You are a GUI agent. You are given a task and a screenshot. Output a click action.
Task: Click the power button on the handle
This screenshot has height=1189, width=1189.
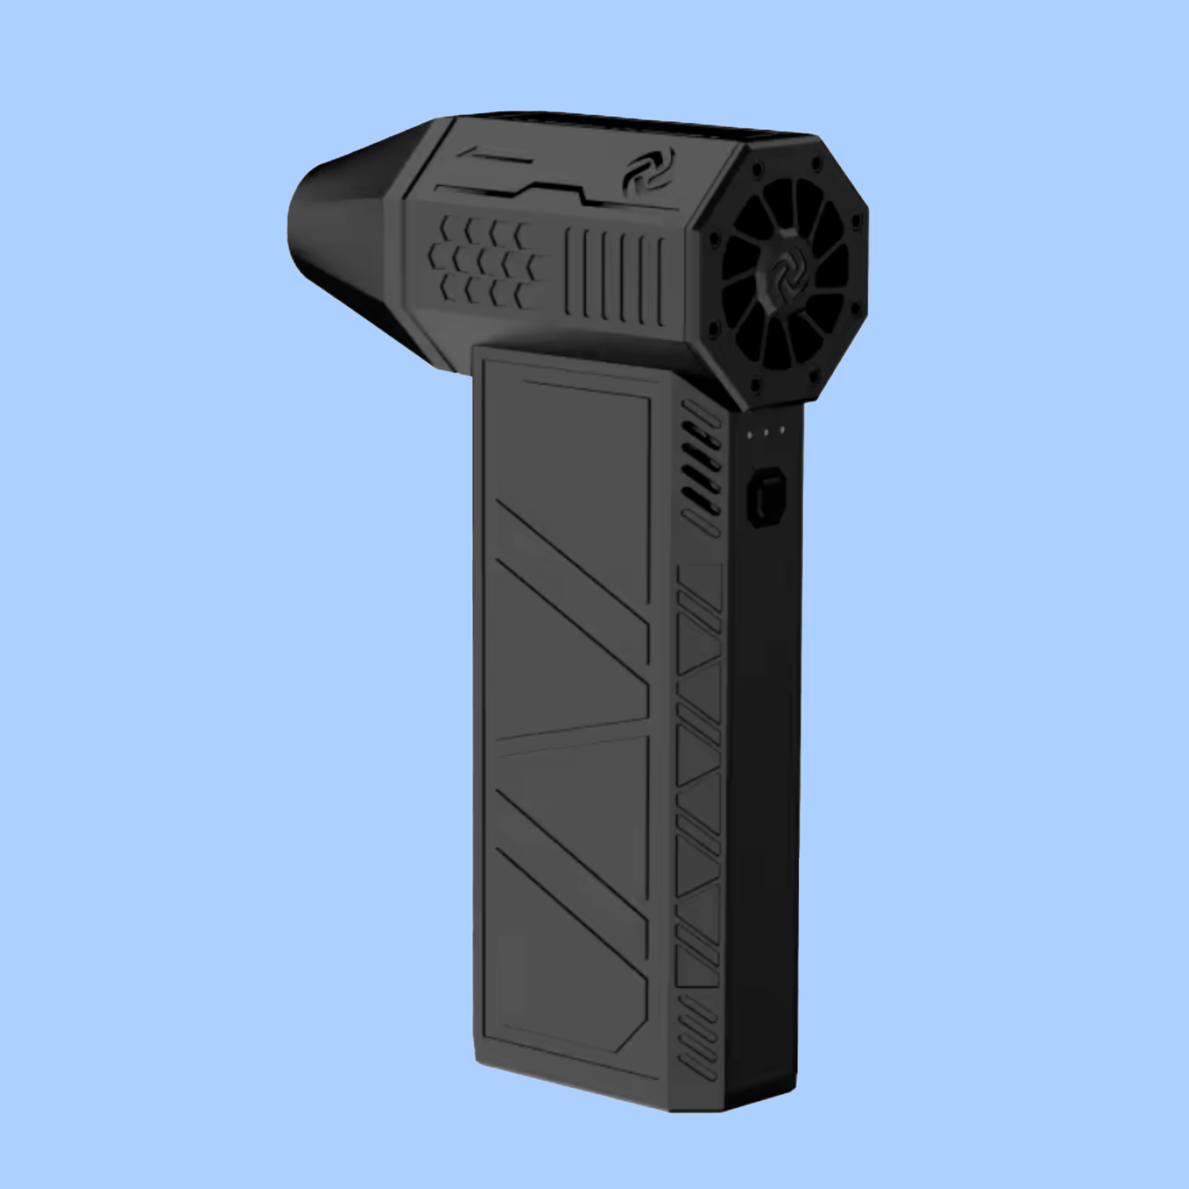pyautogui.click(x=766, y=497)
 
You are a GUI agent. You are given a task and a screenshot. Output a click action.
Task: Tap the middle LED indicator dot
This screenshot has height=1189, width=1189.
pyautogui.click(x=765, y=431)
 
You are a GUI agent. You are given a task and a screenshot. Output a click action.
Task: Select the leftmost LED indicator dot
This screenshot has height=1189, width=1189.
pyautogui.click(x=749, y=433)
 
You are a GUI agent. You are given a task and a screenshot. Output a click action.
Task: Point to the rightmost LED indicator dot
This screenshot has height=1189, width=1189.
pyautogui.click(x=782, y=430)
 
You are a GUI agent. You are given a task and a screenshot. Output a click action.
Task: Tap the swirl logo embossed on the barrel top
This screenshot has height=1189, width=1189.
pyautogui.click(x=648, y=170)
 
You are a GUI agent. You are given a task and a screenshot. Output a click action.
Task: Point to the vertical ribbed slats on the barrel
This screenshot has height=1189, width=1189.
pyautogui.click(x=615, y=276)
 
